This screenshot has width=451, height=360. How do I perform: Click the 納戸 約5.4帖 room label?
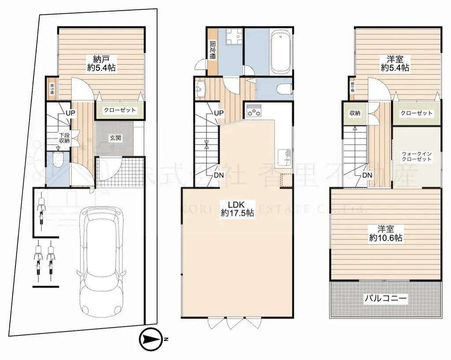tap(101, 63)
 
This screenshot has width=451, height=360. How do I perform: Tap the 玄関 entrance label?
tap(116, 138)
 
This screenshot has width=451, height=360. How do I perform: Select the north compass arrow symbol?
tap(150, 339)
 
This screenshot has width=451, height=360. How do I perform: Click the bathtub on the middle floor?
tap(280, 51)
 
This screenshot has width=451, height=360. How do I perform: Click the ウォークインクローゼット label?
tap(416, 156)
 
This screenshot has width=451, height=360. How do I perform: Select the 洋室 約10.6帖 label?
tap(385, 234)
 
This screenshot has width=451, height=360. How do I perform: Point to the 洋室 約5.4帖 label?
tap(396, 63)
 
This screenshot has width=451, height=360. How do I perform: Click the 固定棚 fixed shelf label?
tap(213, 50)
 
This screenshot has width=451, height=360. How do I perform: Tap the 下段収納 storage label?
tap(64, 138)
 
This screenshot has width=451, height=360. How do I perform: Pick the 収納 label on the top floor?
tap(355, 113)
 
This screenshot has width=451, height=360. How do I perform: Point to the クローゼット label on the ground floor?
tap(120, 110)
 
